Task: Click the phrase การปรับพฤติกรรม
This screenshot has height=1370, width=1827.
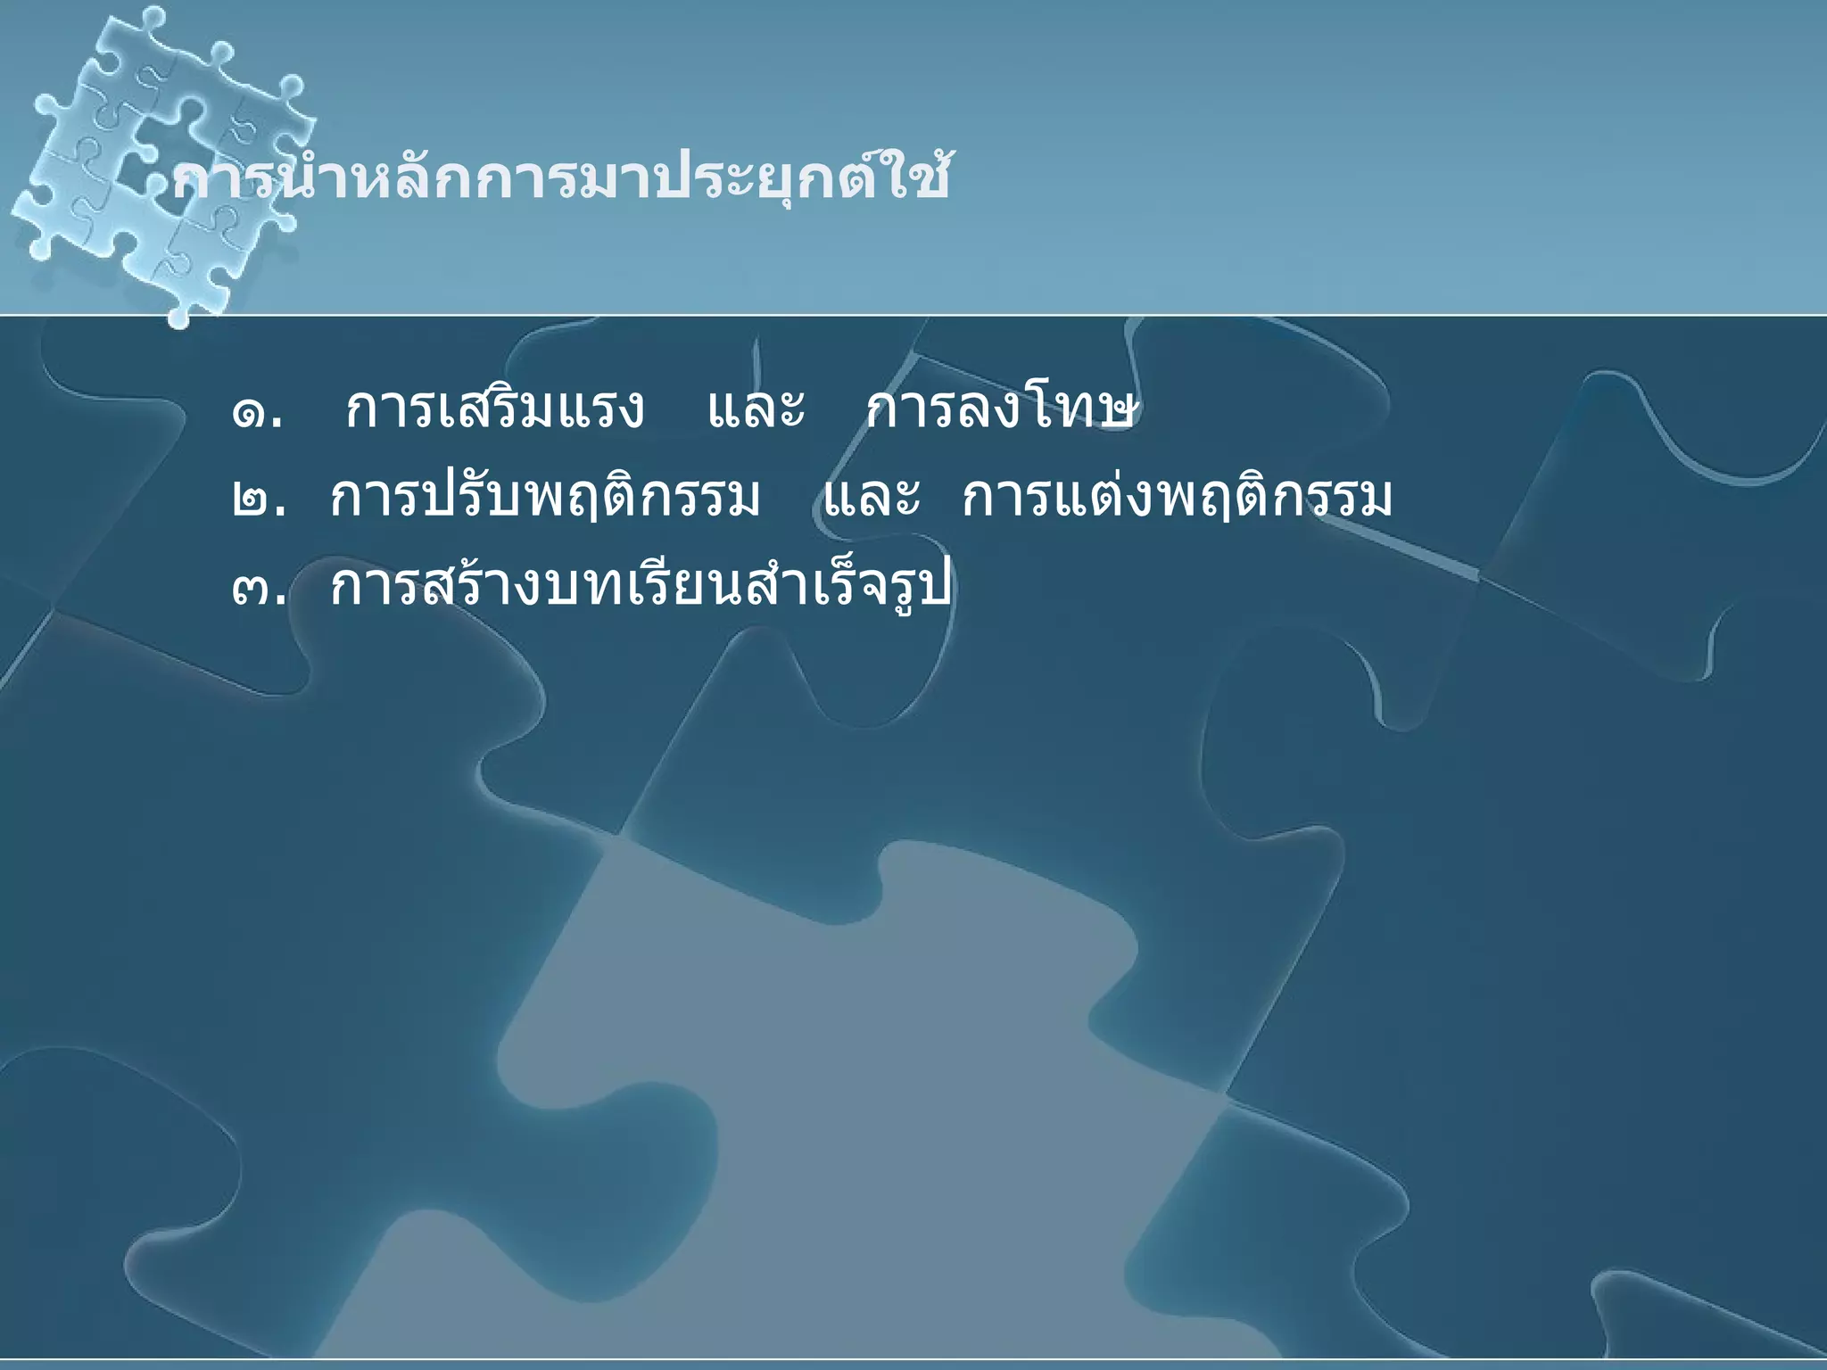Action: [x=544, y=499]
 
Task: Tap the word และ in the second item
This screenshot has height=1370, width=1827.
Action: [x=871, y=499]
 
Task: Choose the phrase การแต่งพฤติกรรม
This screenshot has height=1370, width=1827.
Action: [x=1176, y=499]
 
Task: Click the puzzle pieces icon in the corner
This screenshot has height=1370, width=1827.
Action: [x=161, y=161]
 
